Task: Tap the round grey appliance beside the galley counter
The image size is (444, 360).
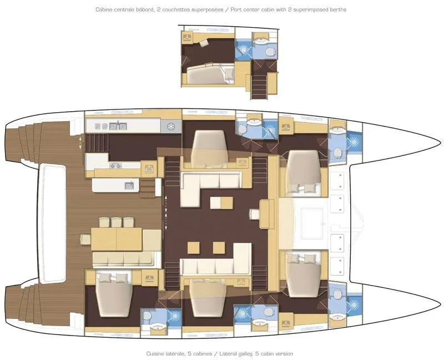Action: [171, 127]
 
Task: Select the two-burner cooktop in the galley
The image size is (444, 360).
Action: [117, 165]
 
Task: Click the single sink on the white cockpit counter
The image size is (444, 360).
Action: [129, 186]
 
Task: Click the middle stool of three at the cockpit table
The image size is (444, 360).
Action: [116, 222]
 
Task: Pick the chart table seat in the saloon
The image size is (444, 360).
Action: [254, 213]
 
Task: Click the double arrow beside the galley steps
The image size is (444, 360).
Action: [82, 142]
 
